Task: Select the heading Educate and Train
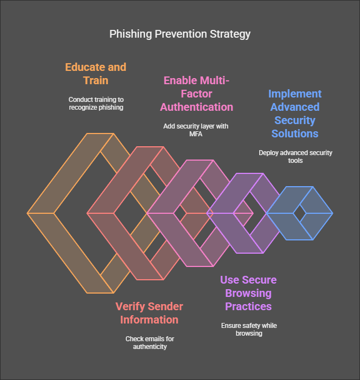coord(96,74)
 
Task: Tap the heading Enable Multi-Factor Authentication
coord(198,94)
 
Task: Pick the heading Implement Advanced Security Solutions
coord(294,114)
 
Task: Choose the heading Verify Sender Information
coord(149,313)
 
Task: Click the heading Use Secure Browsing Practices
coord(248,293)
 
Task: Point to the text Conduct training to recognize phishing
coord(96,103)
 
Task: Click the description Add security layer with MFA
coord(196,130)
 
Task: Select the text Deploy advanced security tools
coord(295,156)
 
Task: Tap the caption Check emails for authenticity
coord(149,342)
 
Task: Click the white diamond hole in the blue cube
coord(300,213)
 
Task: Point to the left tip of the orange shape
coord(28,213)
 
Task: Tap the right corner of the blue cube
coord(332,213)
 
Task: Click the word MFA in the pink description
coord(195,133)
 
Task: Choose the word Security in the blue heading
coord(294,120)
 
